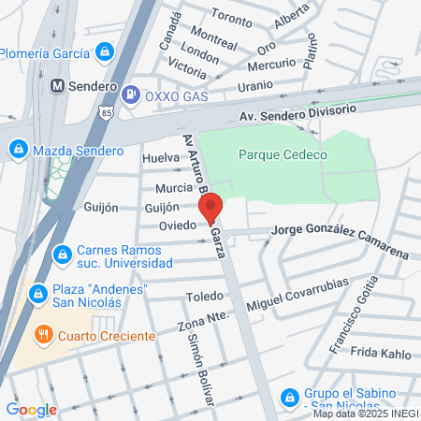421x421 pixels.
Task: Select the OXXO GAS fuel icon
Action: point(132,94)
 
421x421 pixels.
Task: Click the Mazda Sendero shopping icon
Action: point(17,149)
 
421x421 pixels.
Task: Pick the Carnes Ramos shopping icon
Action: point(62,253)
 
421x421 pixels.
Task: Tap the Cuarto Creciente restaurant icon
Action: point(43,334)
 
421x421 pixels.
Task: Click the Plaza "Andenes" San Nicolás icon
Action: point(38,295)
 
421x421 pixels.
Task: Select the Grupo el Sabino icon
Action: point(290,397)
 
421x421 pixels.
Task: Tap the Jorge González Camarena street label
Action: point(340,242)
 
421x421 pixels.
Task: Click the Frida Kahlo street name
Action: point(381,353)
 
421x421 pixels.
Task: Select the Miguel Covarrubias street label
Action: point(298,295)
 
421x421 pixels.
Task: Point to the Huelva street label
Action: point(160,158)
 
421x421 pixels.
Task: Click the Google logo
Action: point(31,409)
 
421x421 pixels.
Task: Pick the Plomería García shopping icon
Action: point(105,51)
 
